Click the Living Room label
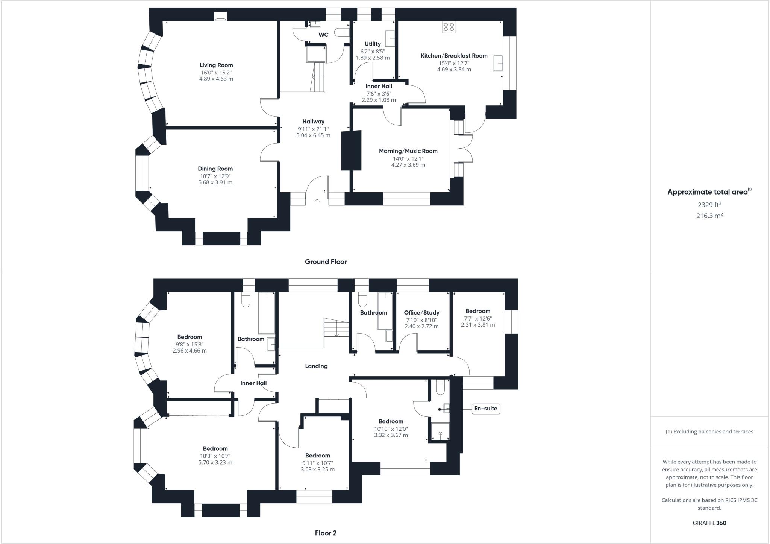pos(216,65)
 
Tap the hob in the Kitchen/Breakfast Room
pos(449,27)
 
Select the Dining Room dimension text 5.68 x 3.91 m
pos(215,182)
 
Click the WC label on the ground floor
pos(323,35)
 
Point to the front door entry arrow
pos(317,202)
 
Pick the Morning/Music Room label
pos(408,151)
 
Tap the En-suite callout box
pos(486,409)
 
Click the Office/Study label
pos(421,313)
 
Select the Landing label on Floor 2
pos(316,366)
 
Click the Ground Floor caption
pos(326,262)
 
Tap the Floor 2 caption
pos(326,533)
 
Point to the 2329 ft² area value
pos(709,205)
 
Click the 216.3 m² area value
pos(709,216)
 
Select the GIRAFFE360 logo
pos(709,523)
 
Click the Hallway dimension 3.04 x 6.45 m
pos(313,135)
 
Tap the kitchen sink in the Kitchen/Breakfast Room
pos(499,63)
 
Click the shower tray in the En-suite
pos(440,431)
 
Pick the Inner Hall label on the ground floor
pos(379,86)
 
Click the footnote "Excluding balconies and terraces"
pos(709,432)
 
